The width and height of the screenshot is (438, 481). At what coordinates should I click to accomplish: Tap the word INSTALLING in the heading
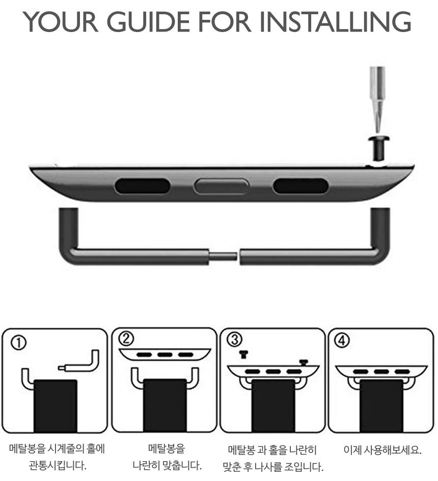pos(335,22)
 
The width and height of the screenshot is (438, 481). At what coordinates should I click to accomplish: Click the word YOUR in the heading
pos(61,22)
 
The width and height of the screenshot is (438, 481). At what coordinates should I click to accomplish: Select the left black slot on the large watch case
pos(142,186)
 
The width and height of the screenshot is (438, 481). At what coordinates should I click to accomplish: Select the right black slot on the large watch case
pos(300,186)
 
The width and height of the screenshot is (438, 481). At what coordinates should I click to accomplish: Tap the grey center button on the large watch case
pos(221,186)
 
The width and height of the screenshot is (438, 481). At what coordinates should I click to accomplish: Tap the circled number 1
pos(19,343)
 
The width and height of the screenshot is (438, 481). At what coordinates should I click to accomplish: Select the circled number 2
pos(126,339)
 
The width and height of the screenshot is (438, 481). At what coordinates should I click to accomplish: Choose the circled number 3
pos(234,340)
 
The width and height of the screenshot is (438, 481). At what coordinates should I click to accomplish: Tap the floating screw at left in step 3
pos(243,355)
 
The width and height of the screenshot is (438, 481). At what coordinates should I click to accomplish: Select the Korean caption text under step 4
pos(382,449)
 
